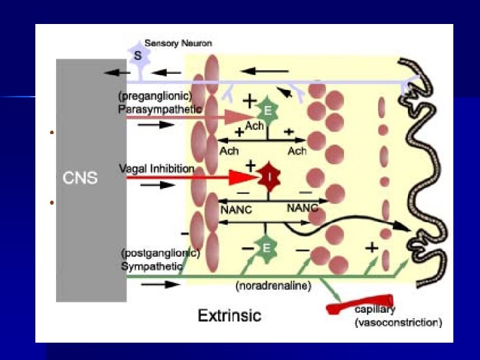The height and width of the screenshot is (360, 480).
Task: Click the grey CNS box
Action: tap(91, 179)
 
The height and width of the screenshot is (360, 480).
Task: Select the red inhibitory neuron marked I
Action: tap(269, 178)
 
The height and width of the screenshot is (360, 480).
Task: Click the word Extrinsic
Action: tap(229, 315)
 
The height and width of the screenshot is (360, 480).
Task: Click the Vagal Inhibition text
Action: tap(156, 169)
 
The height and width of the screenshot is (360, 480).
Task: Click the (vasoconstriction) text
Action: tap(397, 322)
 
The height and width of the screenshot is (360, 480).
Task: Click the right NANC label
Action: tap(302, 208)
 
